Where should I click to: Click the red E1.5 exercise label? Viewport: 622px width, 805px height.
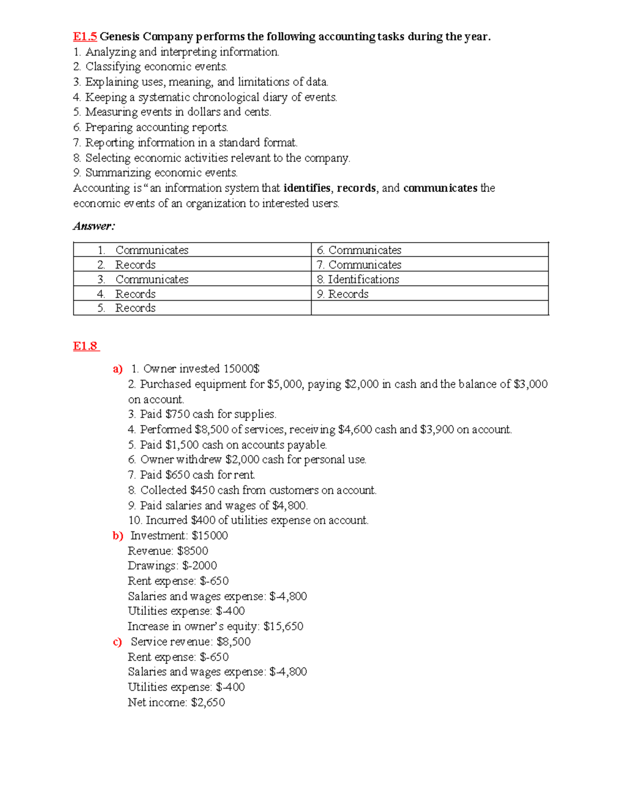(84, 36)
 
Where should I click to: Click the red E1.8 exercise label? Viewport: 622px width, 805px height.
(86, 346)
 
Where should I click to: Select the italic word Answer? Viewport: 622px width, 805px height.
(94, 226)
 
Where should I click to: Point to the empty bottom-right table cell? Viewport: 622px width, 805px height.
(429, 308)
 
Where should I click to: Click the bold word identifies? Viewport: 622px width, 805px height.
(307, 188)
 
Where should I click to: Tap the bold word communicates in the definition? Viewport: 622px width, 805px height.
(440, 188)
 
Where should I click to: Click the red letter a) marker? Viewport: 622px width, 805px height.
(118, 369)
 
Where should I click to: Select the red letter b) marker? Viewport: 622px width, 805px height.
(118, 535)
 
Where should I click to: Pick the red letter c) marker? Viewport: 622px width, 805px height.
(117, 642)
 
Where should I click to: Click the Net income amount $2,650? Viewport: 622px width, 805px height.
(208, 702)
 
